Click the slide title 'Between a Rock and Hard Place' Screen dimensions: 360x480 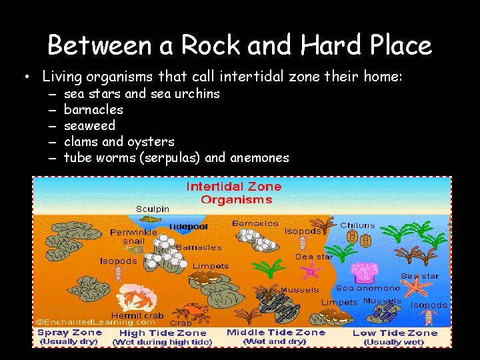(x=240, y=45)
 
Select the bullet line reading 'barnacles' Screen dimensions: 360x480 (x=93, y=109)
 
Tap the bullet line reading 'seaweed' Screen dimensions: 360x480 (x=89, y=125)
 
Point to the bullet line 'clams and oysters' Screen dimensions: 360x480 (x=119, y=141)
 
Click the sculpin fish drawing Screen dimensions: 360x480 (x=152, y=218)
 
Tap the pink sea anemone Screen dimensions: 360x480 (x=367, y=272)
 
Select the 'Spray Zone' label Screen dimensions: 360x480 (x=70, y=332)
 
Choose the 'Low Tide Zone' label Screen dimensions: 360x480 (x=395, y=333)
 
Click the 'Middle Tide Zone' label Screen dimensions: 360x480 (x=276, y=332)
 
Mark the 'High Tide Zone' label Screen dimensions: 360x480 (x=163, y=333)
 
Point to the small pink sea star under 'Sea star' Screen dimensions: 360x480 (x=310, y=270)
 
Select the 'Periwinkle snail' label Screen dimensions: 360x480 (x=134, y=237)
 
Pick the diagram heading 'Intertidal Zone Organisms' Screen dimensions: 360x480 (x=233, y=193)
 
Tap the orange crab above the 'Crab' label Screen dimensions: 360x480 (x=194, y=310)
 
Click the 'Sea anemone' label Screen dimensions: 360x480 (x=368, y=288)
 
